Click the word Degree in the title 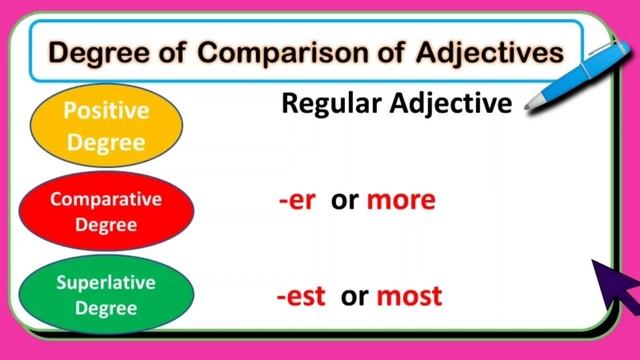pyautogui.click(x=98, y=50)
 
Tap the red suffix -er pyautogui.click(x=297, y=200)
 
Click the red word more pyautogui.click(x=400, y=200)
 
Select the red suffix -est pyautogui.click(x=302, y=296)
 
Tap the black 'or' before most pyautogui.click(x=354, y=296)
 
